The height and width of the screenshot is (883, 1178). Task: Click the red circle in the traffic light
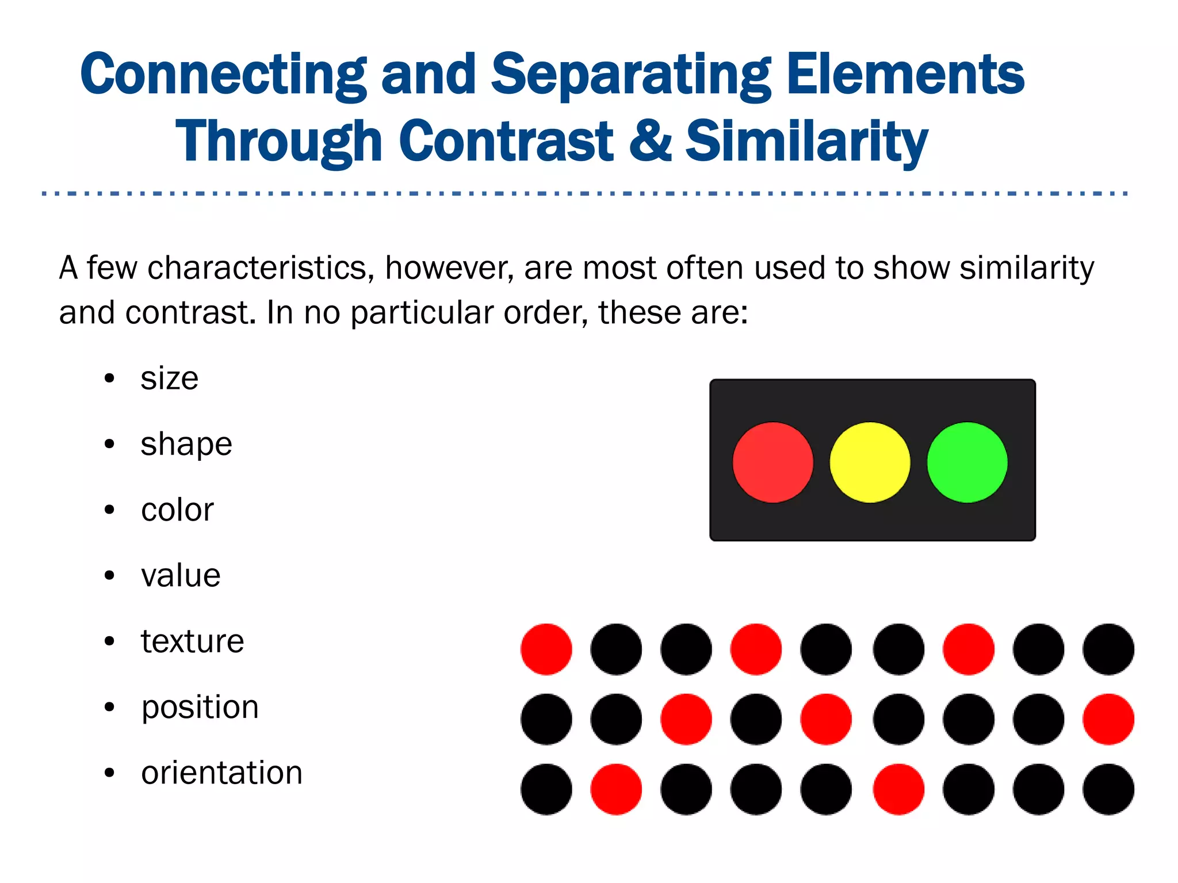click(772, 462)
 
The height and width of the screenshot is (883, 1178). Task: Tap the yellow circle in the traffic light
click(870, 462)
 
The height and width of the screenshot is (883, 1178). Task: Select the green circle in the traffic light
click(967, 462)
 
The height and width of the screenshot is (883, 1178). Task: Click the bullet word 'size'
click(170, 379)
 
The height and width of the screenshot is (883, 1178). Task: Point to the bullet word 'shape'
click(186, 445)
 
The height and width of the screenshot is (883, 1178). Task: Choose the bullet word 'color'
click(177, 510)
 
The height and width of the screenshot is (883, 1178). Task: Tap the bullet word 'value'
click(181, 576)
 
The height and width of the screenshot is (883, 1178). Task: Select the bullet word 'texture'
click(193, 641)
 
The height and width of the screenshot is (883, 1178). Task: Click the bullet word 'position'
click(200, 708)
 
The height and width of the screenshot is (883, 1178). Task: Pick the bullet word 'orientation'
click(222, 773)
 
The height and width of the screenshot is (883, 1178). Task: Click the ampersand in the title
click(650, 141)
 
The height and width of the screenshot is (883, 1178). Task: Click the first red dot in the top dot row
click(546, 649)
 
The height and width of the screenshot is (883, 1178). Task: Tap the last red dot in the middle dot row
click(1108, 719)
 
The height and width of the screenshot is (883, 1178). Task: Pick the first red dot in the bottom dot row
click(616, 789)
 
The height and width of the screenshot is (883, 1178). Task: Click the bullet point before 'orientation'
click(109, 773)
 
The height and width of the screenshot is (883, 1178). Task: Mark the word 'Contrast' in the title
click(506, 141)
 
